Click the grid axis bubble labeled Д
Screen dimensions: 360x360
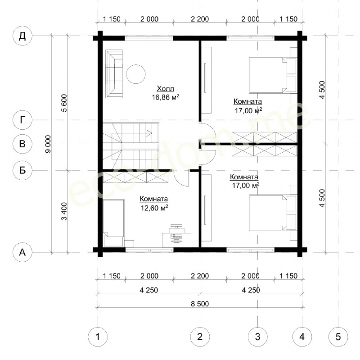(x=22, y=36)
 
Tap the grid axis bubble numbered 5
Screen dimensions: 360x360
(x=338, y=337)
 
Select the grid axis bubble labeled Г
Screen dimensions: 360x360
(x=22, y=120)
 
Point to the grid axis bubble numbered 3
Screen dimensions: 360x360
(x=257, y=337)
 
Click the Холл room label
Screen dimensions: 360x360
(x=165, y=88)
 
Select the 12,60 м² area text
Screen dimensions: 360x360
(x=154, y=208)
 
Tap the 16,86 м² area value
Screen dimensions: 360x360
(x=165, y=97)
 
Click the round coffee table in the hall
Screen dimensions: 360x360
(x=136, y=74)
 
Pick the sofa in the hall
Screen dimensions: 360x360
(x=114, y=74)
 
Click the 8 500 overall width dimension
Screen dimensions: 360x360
(x=200, y=304)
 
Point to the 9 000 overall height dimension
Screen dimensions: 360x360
(x=48, y=144)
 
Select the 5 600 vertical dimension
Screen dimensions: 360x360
(x=64, y=103)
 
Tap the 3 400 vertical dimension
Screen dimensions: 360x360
(x=64, y=211)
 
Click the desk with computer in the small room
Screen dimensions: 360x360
(x=176, y=239)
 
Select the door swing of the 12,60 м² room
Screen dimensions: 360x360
(x=181, y=178)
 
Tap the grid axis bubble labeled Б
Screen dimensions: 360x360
(x=22, y=170)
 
